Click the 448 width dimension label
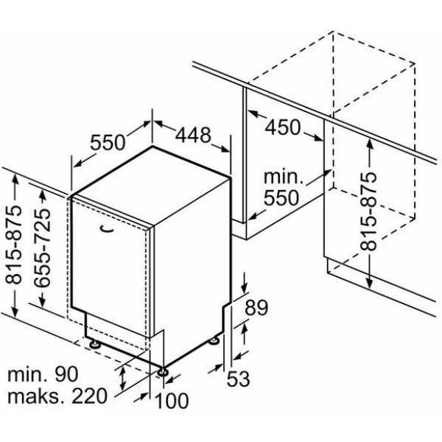193,135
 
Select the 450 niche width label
283,127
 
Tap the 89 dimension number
256,307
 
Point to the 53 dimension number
239,379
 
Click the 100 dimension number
172,401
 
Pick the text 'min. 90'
43,374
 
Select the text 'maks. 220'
57,396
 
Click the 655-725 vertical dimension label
42,248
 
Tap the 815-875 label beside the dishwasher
13,244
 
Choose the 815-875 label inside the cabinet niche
368,211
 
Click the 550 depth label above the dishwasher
108,142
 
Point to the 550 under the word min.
281,197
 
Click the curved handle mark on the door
107,229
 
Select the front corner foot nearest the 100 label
163,372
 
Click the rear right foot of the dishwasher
214,341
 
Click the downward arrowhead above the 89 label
244,288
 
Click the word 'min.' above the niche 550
283,178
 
